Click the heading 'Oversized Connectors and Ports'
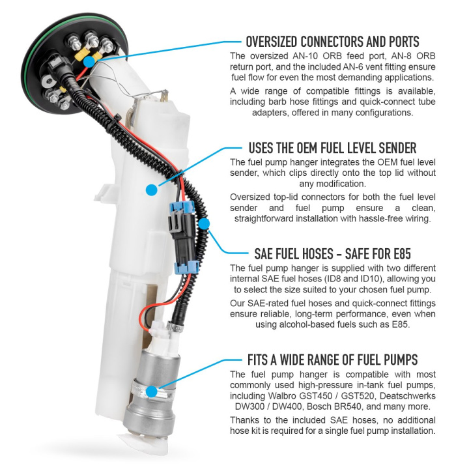point(332,42)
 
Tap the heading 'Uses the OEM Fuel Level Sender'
point(332,148)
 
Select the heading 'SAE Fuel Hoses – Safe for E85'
point(332,254)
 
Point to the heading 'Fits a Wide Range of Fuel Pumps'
point(332,360)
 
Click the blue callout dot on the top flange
point(89,63)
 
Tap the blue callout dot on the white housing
point(152,190)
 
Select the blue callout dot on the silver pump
point(152,391)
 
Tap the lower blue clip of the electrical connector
point(186,268)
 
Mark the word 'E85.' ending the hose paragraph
point(401,324)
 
